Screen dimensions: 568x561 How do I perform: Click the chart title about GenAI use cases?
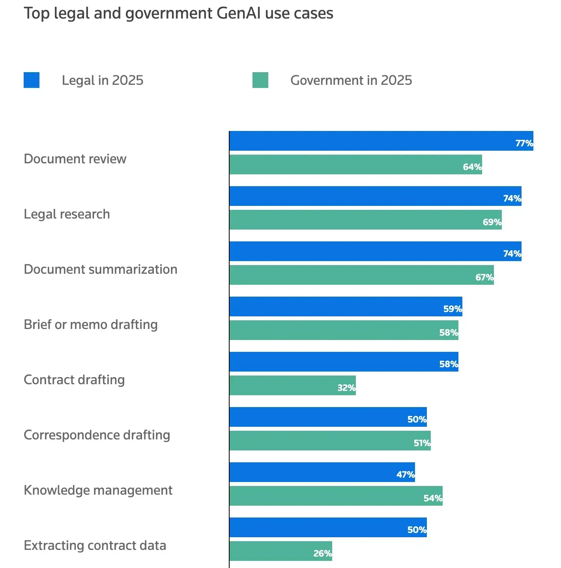[x=178, y=13]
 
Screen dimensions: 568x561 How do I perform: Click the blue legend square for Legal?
[x=32, y=80]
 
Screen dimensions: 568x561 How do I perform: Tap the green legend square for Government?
[x=260, y=80]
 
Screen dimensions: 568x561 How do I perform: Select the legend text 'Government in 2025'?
[x=351, y=80]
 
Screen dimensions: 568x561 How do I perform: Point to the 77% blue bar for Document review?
[x=381, y=141]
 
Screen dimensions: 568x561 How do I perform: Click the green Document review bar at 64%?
[x=355, y=164]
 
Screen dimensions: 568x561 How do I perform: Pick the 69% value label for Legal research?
[x=492, y=222]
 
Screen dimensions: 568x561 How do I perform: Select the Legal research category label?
[x=67, y=214]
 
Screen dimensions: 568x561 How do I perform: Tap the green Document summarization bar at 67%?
[x=361, y=275]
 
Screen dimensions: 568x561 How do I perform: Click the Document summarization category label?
[x=101, y=269]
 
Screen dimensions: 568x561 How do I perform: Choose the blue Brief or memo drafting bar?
[x=345, y=306]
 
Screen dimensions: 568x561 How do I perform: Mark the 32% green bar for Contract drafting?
[x=292, y=385]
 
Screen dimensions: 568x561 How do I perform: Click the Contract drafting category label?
[x=74, y=380]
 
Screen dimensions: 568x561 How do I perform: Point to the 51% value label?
[x=422, y=443]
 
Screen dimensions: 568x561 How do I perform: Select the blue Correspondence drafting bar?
[x=327, y=417]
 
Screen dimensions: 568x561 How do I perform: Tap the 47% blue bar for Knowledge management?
[x=322, y=472]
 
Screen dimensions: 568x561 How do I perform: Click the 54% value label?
[x=433, y=498]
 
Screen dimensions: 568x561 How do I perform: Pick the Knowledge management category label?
[x=98, y=490]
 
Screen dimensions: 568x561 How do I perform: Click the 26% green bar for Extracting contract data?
[x=280, y=551]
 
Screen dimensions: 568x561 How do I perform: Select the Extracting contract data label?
[x=95, y=546]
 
